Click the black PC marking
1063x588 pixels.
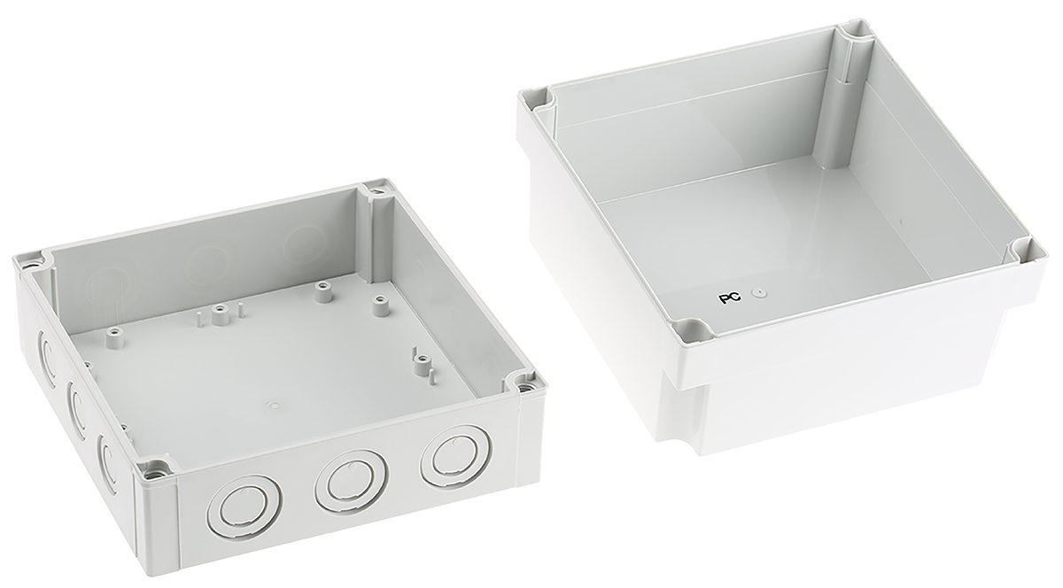730,298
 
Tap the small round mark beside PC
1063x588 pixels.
758,294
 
